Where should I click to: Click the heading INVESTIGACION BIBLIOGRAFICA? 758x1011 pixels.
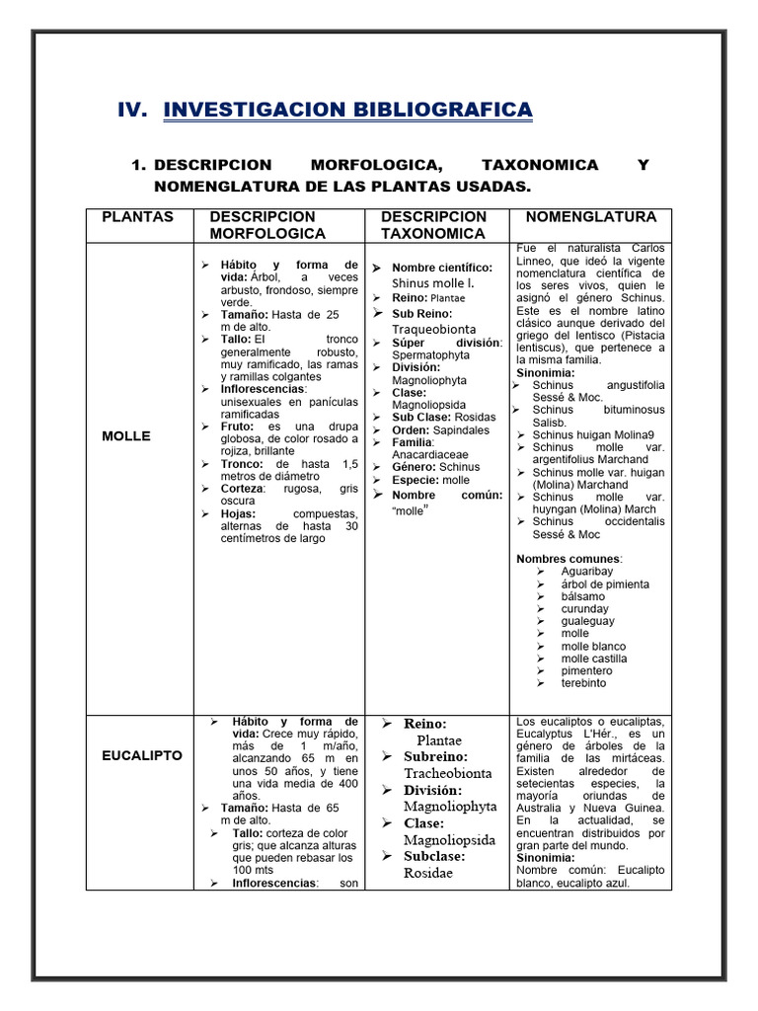[x=347, y=110]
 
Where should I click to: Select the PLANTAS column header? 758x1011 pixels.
[x=137, y=217]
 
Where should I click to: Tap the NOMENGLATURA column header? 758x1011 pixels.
[x=590, y=217]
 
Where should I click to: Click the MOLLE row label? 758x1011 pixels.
[x=126, y=435]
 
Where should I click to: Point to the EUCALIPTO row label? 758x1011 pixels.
[x=141, y=755]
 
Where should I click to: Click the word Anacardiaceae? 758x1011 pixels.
[x=426, y=454]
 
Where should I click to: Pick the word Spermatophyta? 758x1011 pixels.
[x=431, y=354]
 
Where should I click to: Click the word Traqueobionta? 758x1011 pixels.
[x=433, y=329]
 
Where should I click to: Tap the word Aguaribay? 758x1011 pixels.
[x=588, y=572]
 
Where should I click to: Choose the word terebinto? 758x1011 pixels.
[x=583, y=683]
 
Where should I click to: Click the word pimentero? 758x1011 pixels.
[x=586, y=670]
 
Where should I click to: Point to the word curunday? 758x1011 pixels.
[x=585, y=609]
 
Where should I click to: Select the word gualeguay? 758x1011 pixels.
[x=587, y=621]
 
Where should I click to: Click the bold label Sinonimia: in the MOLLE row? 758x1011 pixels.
[x=546, y=373]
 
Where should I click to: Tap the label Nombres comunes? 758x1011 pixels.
[x=560, y=559]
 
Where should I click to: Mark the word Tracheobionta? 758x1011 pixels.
[x=447, y=773]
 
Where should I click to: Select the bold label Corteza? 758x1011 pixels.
[x=243, y=489]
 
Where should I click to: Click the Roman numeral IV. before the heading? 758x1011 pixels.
[x=132, y=110]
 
